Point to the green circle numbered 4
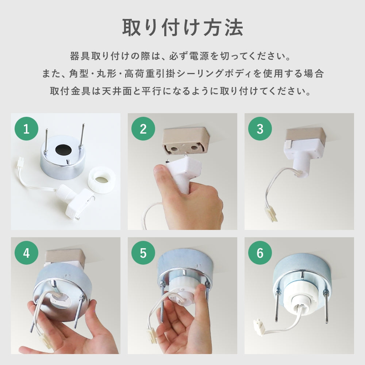click(x=26, y=253)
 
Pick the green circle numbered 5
click(x=143, y=253)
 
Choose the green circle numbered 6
click(x=260, y=253)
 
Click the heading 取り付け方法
click(x=182, y=28)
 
